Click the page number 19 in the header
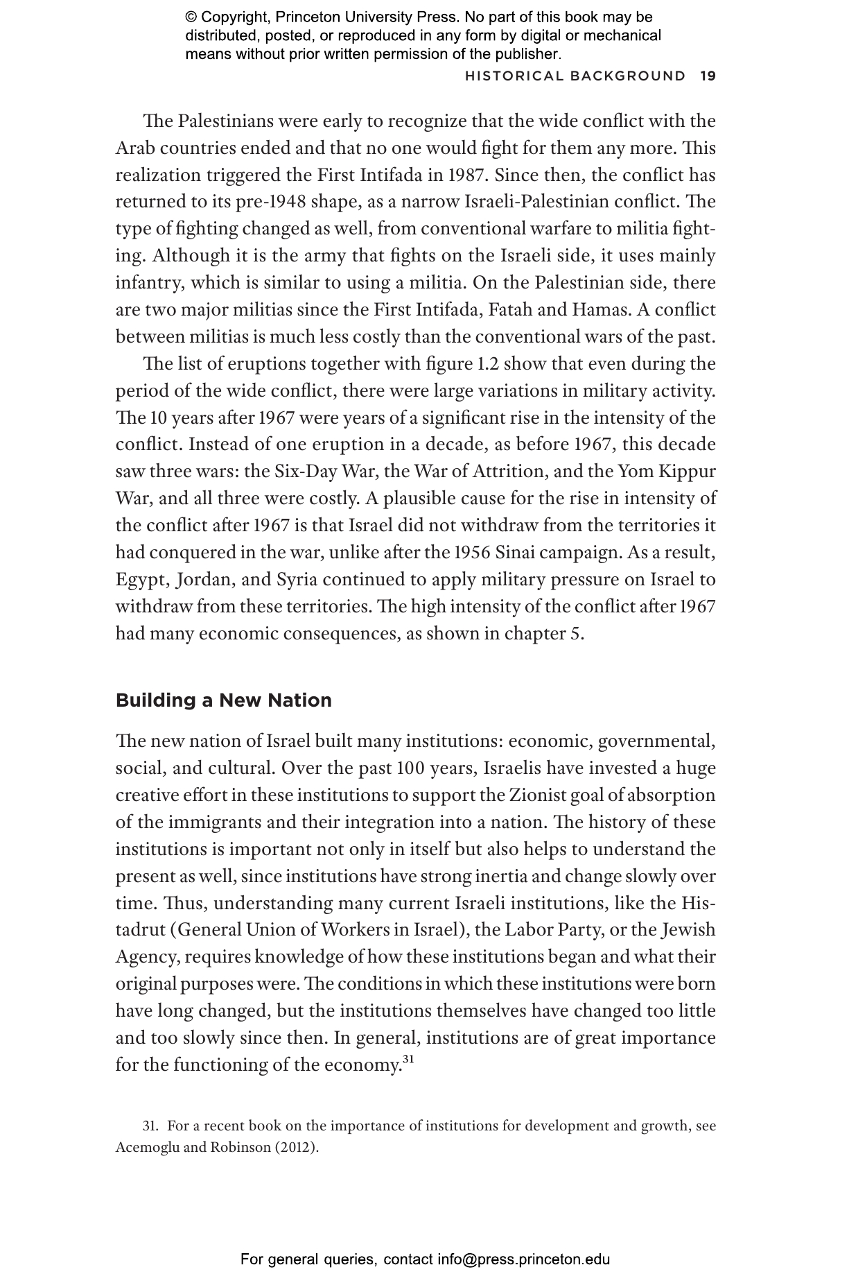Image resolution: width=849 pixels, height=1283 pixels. tap(708, 76)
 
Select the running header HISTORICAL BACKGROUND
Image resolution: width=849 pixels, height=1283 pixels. tap(575, 76)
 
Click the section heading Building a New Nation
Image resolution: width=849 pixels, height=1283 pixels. tap(224, 700)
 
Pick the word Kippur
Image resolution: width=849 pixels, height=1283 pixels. tap(686, 472)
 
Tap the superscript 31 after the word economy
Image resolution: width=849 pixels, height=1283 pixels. tap(408, 1059)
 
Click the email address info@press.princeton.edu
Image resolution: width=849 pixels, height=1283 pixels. tap(524, 1259)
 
